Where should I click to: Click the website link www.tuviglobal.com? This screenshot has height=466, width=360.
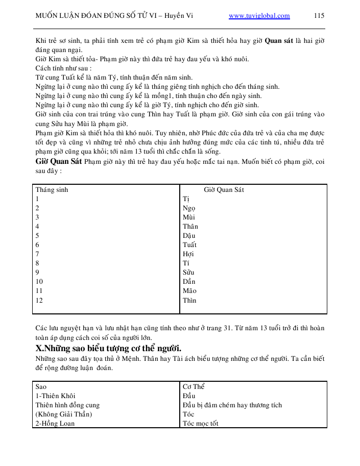click(259, 16)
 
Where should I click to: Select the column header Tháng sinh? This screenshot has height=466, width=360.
click(52, 190)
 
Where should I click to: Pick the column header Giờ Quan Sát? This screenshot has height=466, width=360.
click(224, 190)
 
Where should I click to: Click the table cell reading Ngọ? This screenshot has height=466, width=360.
click(189, 208)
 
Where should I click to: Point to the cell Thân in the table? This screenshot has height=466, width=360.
click(190, 227)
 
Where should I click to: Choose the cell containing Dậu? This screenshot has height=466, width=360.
click(189, 236)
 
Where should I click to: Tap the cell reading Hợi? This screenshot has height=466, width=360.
click(188, 254)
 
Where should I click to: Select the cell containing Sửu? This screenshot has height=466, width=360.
click(188, 273)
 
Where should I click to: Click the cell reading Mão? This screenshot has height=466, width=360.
click(189, 291)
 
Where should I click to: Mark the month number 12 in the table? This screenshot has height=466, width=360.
click(39, 300)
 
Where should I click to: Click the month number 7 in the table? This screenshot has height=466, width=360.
click(37, 254)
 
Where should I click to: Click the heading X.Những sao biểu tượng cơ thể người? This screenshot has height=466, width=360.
click(109, 349)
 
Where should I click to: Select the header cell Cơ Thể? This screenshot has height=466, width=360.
click(194, 387)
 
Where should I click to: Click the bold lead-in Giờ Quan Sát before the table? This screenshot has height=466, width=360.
click(58, 162)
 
